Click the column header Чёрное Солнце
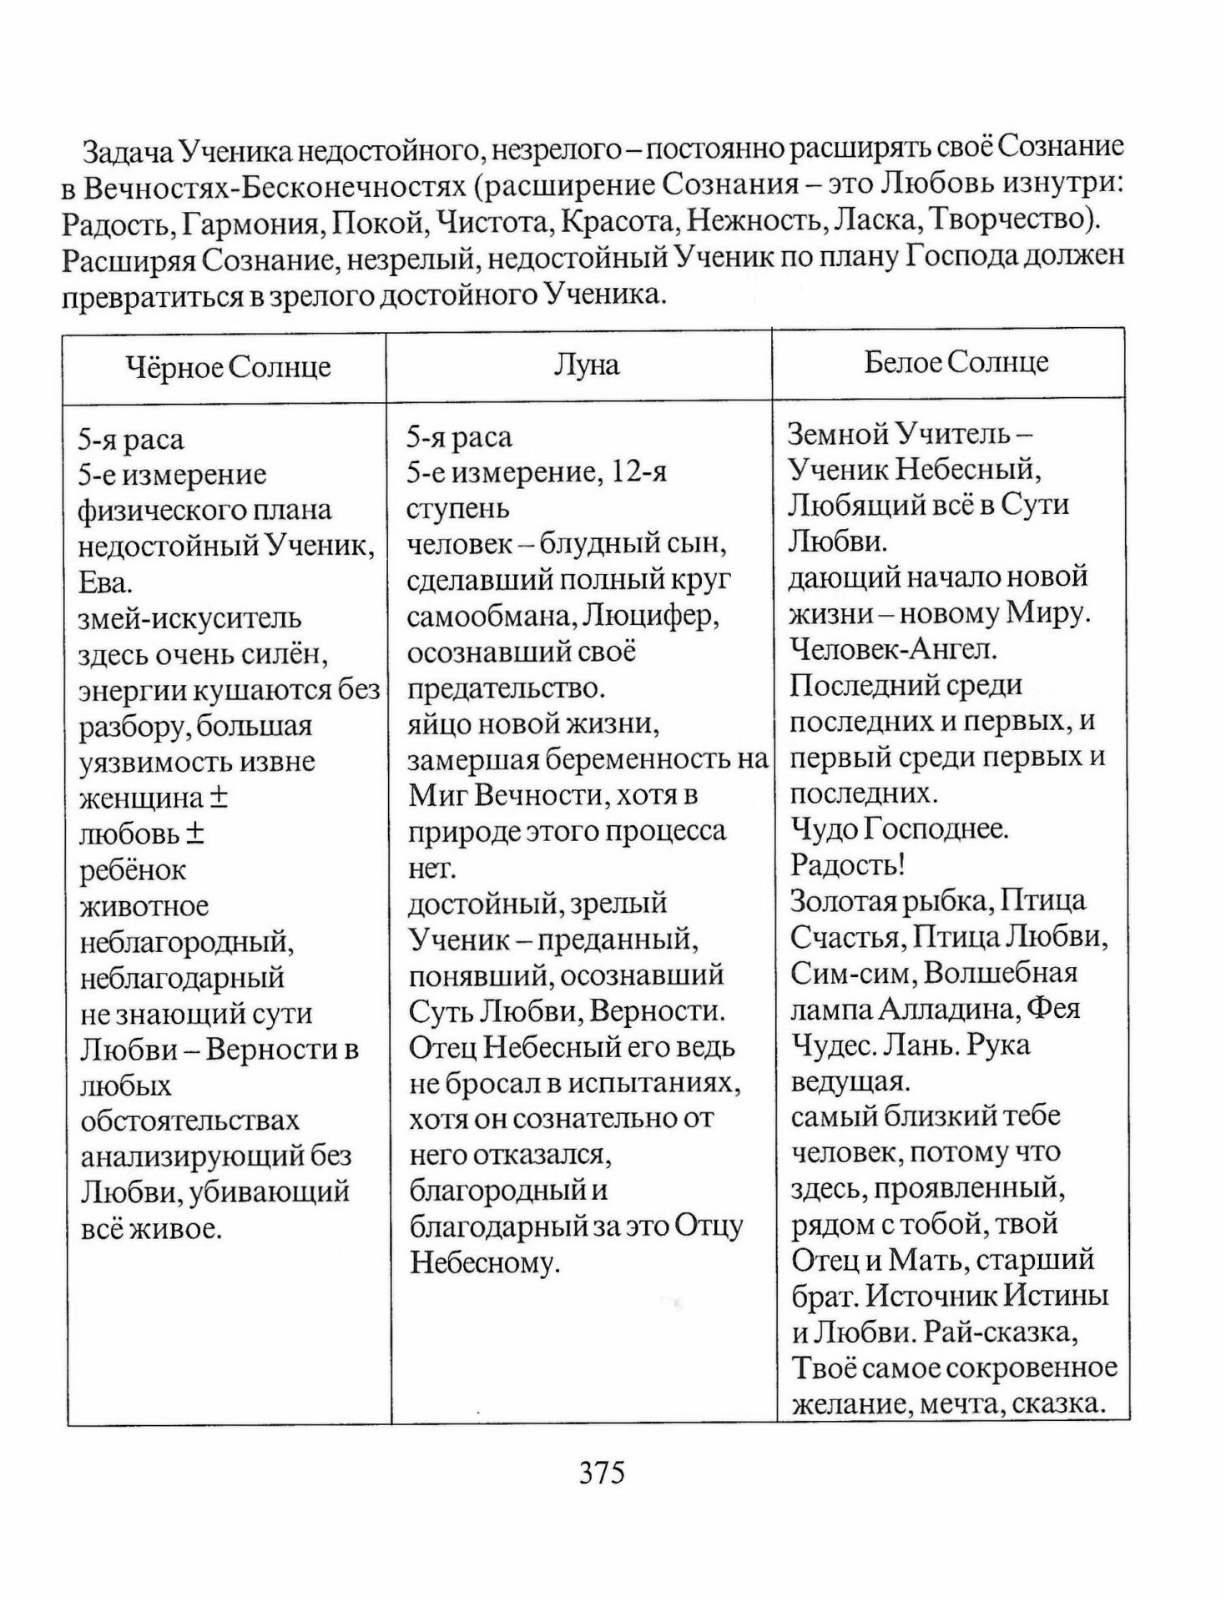pos(228,367)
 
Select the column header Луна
pos(587,365)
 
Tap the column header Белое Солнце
pos(956,362)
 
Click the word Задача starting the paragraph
pos(129,150)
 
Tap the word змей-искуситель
pos(189,618)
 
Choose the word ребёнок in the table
pos(133,870)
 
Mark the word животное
pos(144,906)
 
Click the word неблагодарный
pos(182,977)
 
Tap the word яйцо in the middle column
pos(433,723)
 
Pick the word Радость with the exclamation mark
pos(847,865)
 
